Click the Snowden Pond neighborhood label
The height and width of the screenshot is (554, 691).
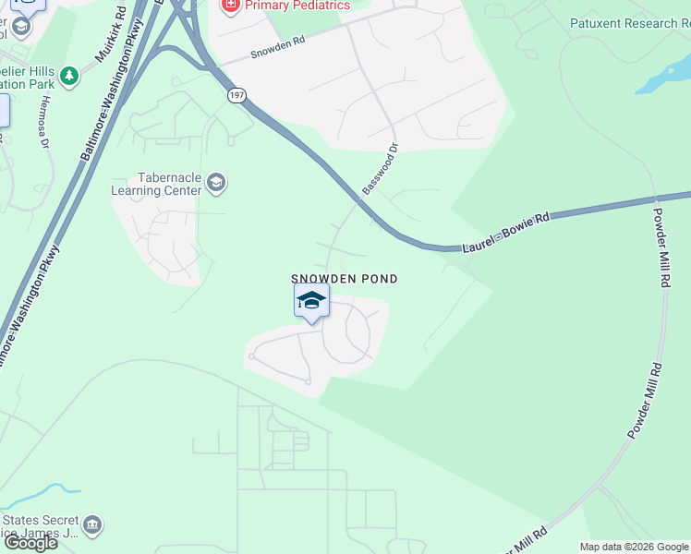point(345,279)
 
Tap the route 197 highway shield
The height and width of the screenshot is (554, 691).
point(236,96)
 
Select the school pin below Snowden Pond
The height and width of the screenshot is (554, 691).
point(312,301)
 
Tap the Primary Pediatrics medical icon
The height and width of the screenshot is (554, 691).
point(229,6)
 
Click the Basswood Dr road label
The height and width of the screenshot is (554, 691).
point(380,168)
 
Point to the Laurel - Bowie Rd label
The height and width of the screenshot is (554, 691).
point(506,229)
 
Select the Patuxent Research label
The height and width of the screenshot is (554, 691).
point(629,23)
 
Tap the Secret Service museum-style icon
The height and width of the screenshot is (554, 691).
point(91,525)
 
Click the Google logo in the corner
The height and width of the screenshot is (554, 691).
point(30,543)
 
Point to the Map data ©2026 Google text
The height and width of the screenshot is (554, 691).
point(634,547)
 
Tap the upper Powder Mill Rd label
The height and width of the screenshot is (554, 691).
point(661,246)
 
